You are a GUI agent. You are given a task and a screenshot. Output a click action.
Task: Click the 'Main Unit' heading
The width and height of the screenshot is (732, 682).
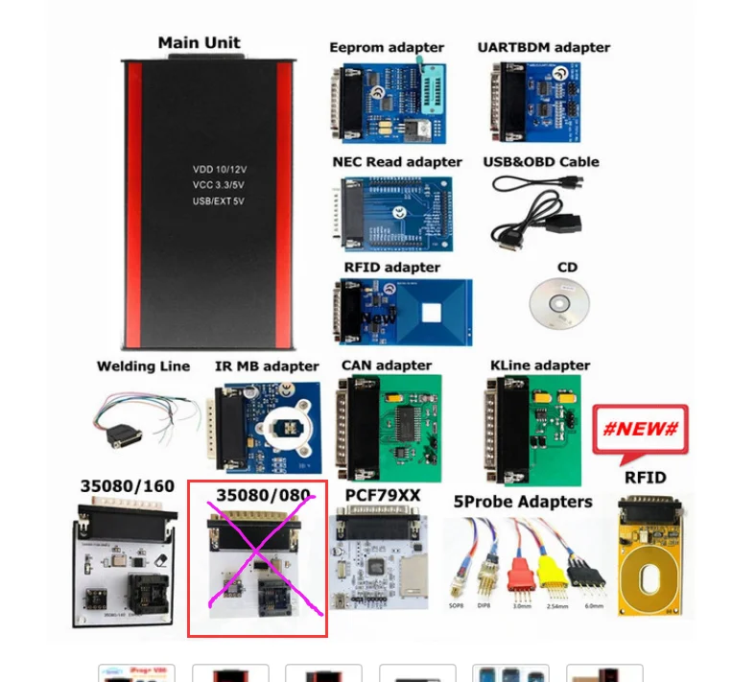point(199,42)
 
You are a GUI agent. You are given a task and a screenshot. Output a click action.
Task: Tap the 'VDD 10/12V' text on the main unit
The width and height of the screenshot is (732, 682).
point(220,169)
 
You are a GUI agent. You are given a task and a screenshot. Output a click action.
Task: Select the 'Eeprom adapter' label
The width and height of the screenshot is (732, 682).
point(387,47)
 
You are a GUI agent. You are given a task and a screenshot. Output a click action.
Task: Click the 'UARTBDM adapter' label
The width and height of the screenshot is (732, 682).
point(543,47)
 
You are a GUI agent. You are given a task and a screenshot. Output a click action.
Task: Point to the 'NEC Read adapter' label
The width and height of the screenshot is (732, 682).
point(397,162)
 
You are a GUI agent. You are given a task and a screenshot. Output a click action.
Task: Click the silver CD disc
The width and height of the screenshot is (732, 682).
point(558,305)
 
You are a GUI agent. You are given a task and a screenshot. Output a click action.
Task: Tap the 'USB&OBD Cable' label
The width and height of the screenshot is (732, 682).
point(540,162)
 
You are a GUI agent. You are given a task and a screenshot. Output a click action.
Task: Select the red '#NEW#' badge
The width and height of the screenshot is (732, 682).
point(640,429)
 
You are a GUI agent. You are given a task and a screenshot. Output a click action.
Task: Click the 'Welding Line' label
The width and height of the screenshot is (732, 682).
point(143,366)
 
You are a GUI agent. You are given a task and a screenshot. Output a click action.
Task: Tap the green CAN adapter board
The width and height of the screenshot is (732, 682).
point(403,422)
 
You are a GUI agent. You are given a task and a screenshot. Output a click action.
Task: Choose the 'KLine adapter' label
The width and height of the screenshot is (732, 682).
point(539,365)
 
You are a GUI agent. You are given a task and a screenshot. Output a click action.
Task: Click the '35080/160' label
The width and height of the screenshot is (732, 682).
point(127,486)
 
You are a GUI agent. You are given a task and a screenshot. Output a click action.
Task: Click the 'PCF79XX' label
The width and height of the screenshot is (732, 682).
point(382,495)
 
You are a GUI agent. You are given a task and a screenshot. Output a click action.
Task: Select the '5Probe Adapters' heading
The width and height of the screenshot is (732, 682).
point(523,502)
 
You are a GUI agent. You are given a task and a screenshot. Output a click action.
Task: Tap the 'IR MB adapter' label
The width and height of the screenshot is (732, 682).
point(267,366)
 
